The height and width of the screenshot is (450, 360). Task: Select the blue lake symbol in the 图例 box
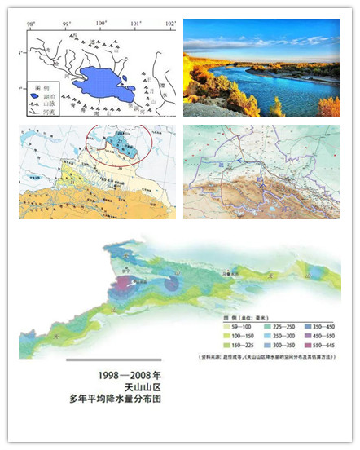click(x=33, y=95)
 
